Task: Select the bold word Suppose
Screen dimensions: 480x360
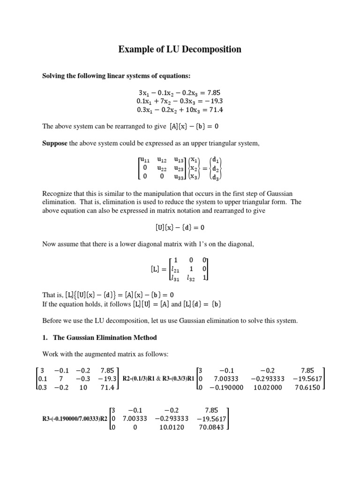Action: [55, 143]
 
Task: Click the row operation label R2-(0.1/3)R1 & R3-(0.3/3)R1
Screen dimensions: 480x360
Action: [158, 379]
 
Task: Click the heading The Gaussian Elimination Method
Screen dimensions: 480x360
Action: [105, 337]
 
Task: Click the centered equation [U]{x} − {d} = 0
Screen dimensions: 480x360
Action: [180, 227]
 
